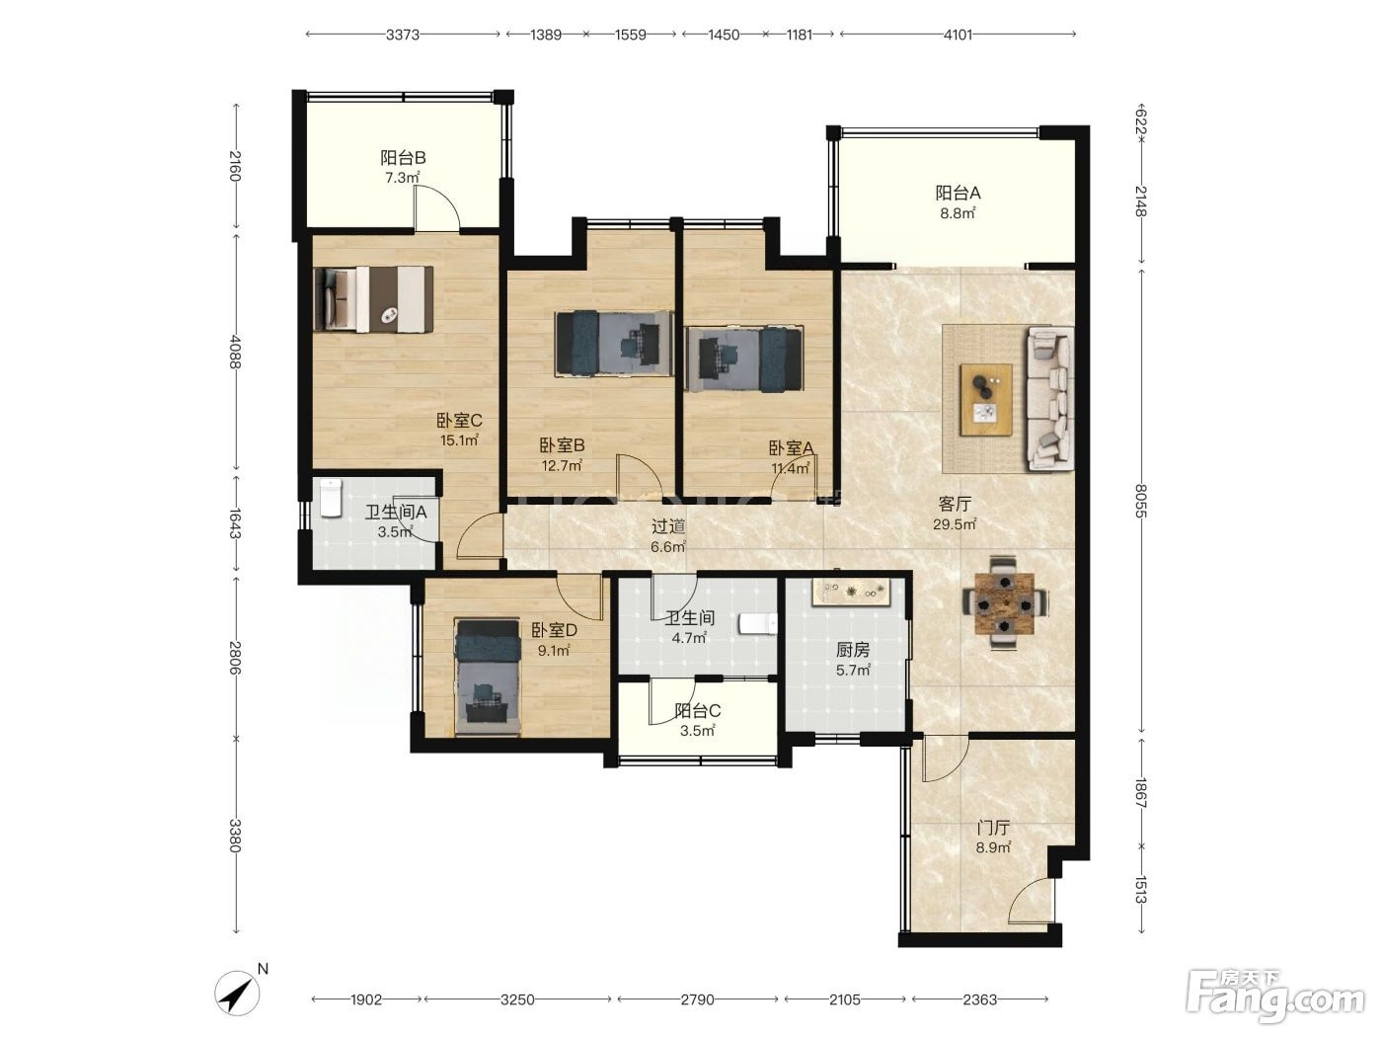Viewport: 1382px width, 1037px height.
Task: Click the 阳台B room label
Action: [403, 157]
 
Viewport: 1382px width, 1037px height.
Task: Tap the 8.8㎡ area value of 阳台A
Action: [958, 213]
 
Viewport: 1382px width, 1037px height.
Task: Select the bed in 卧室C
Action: [373, 299]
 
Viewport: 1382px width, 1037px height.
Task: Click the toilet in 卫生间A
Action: [331, 498]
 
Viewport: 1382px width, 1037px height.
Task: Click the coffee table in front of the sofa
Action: [986, 399]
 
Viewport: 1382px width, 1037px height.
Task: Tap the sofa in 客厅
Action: [1050, 399]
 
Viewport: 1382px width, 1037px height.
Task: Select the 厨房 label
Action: [853, 649]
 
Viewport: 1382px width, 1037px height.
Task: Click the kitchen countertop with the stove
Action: [851, 593]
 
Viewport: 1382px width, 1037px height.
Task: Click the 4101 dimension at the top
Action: [958, 35]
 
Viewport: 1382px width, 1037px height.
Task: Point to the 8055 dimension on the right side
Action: [1141, 501]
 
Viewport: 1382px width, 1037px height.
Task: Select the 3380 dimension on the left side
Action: [235, 836]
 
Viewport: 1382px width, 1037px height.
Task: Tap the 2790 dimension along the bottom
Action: [698, 999]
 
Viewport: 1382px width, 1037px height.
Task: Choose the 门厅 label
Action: [993, 827]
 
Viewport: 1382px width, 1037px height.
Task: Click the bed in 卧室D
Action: [488, 678]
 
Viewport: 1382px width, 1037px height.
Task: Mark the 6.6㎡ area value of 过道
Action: [668, 546]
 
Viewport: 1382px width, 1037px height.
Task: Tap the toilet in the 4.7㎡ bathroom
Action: [757, 623]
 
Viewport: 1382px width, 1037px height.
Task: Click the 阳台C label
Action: [698, 711]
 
